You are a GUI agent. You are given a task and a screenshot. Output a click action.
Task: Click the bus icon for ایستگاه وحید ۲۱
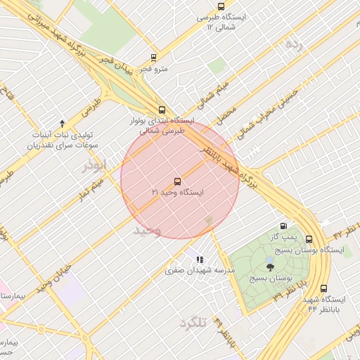(176, 181)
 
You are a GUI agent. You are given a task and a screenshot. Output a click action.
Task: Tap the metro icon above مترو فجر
(153, 58)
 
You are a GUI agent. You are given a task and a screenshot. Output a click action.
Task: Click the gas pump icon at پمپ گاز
(283, 226)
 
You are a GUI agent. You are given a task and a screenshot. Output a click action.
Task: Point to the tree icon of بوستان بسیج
(271, 266)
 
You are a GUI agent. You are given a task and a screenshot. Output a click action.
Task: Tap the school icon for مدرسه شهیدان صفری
(200, 259)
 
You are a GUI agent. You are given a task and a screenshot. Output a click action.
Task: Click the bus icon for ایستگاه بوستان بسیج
(309, 239)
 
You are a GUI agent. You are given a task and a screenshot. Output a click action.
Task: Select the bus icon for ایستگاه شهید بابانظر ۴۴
(323, 288)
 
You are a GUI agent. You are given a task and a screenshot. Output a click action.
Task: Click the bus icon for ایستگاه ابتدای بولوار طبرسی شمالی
(162, 110)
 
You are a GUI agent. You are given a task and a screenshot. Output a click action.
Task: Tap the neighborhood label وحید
(148, 230)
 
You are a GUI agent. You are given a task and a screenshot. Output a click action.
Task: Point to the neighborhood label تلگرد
(193, 322)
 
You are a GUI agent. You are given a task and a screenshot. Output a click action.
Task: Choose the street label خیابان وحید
(55, 276)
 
